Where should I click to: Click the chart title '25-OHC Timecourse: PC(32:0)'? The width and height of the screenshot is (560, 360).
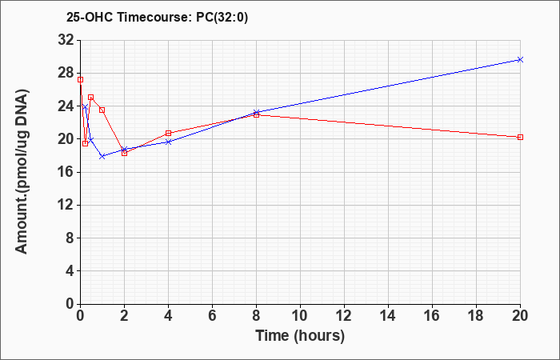pos(157,17)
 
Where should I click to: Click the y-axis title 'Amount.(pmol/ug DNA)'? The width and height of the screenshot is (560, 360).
pos(22,170)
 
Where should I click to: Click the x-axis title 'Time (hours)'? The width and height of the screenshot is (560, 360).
pos(300,336)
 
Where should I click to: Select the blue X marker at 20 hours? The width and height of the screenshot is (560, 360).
pos(520,60)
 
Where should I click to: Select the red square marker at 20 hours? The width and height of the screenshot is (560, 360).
pos(520,137)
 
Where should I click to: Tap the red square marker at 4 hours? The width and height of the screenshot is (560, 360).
pos(169,134)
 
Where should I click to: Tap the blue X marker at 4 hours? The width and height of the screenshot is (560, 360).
pos(169,142)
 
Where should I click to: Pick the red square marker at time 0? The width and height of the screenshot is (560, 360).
pos(80,80)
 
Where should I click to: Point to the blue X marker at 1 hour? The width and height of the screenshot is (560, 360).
pos(102,156)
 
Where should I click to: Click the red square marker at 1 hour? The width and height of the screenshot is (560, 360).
pos(102,110)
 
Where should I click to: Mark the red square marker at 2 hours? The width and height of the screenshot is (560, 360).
pos(124,154)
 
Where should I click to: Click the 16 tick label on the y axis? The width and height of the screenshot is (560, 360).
pos(66,172)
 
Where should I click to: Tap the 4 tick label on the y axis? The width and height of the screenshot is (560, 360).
pos(70,271)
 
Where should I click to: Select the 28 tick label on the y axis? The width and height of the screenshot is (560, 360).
pos(66,74)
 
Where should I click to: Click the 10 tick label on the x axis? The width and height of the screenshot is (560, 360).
pos(300,316)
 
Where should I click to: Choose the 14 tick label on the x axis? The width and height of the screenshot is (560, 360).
pos(388,316)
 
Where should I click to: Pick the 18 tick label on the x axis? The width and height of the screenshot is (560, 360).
pos(477,316)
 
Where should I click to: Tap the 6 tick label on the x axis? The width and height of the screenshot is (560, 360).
pos(213,316)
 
